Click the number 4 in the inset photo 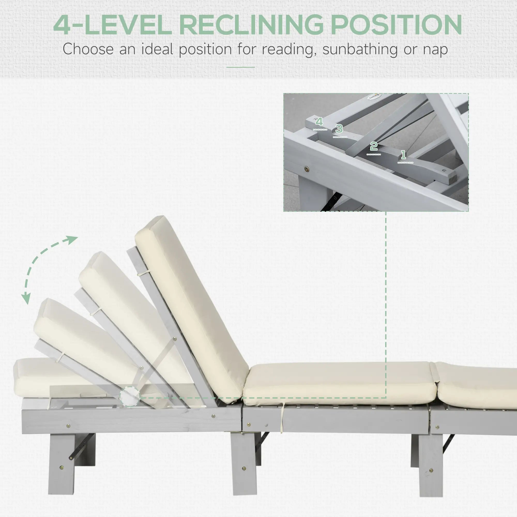pyautogui.click(x=319, y=122)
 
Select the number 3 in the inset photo pyautogui.click(x=339, y=129)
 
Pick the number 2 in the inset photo pyautogui.click(x=374, y=146)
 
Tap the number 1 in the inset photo pyautogui.click(x=403, y=155)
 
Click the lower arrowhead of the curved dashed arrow pyautogui.click(x=26, y=299)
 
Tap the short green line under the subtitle pyautogui.click(x=240, y=67)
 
